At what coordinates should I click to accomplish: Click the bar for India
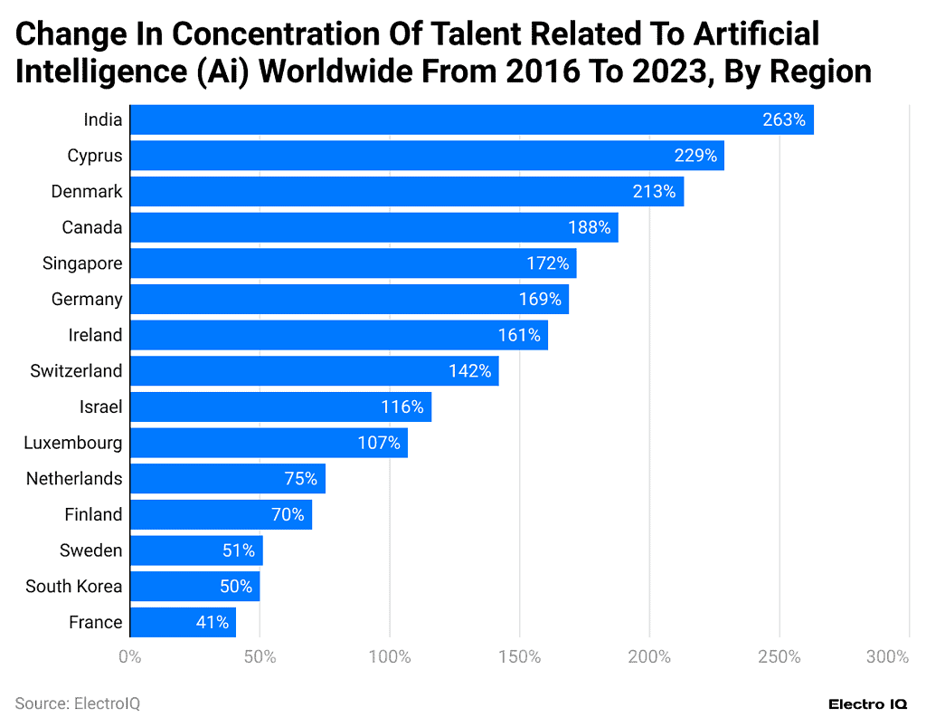pyautogui.click(x=471, y=120)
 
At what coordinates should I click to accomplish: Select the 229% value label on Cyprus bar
pyautogui.click(x=695, y=156)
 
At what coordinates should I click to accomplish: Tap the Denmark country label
pyautogui.click(x=87, y=192)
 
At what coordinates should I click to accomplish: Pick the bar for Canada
pyautogui.click(x=373, y=227)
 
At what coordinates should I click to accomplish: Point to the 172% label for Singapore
pyautogui.click(x=548, y=263)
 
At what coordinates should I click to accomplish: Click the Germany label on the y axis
pyautogui.click(x=87, y=299)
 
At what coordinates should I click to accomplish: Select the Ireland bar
pyautogui.click(x=338, y=335)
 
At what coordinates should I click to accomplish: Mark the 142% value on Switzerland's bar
pyautogui.click(x=469, y=371)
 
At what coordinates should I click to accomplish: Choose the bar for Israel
pyautogui.click(x=280, y=407)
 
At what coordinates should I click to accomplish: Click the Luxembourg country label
pyautogui.click(x=73, y=443)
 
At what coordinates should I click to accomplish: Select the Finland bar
pyautogui.click(x=221, y=514)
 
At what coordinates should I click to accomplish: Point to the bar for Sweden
pyautogui.click(x=196, y=550)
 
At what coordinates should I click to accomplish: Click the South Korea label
pyautogui.click(x=73, y=586)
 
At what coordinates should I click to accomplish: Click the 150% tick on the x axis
pyautogui.click(x=520, y=656)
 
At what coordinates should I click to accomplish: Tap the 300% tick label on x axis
pyautogui.click(x=887, y=656)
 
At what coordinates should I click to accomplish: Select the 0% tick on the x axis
pyautogui.click(x=130, y=656)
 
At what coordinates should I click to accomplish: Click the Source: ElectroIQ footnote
pyautogui.click(x=77, y=703)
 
